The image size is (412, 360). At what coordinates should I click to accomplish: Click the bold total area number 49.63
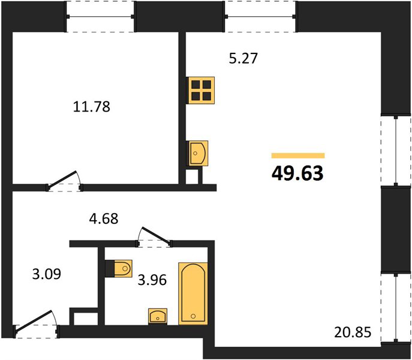297,174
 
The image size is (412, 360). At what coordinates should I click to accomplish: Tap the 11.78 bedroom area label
91,107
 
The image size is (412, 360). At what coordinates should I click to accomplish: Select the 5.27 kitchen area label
243,58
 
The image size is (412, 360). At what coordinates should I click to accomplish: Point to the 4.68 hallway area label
104,218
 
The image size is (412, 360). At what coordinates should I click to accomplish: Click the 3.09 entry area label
47,274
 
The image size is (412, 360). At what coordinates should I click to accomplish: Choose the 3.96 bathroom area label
152,280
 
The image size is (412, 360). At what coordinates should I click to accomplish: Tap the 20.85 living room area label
353,332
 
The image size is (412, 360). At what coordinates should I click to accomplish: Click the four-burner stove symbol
201,91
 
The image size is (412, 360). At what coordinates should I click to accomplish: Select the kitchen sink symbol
197,154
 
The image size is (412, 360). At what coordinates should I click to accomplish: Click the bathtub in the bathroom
193,293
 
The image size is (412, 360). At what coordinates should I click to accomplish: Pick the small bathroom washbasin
158,316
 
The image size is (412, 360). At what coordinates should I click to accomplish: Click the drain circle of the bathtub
194,316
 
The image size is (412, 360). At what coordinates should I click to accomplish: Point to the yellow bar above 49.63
298,155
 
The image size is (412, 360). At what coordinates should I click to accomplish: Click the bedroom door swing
64,181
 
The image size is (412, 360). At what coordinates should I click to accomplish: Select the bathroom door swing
154,236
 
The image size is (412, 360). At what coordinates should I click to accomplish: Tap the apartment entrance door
35,323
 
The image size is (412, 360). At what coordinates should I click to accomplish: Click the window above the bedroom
100,17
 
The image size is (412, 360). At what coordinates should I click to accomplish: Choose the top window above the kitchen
260,17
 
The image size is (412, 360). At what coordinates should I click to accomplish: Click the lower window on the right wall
396,308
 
